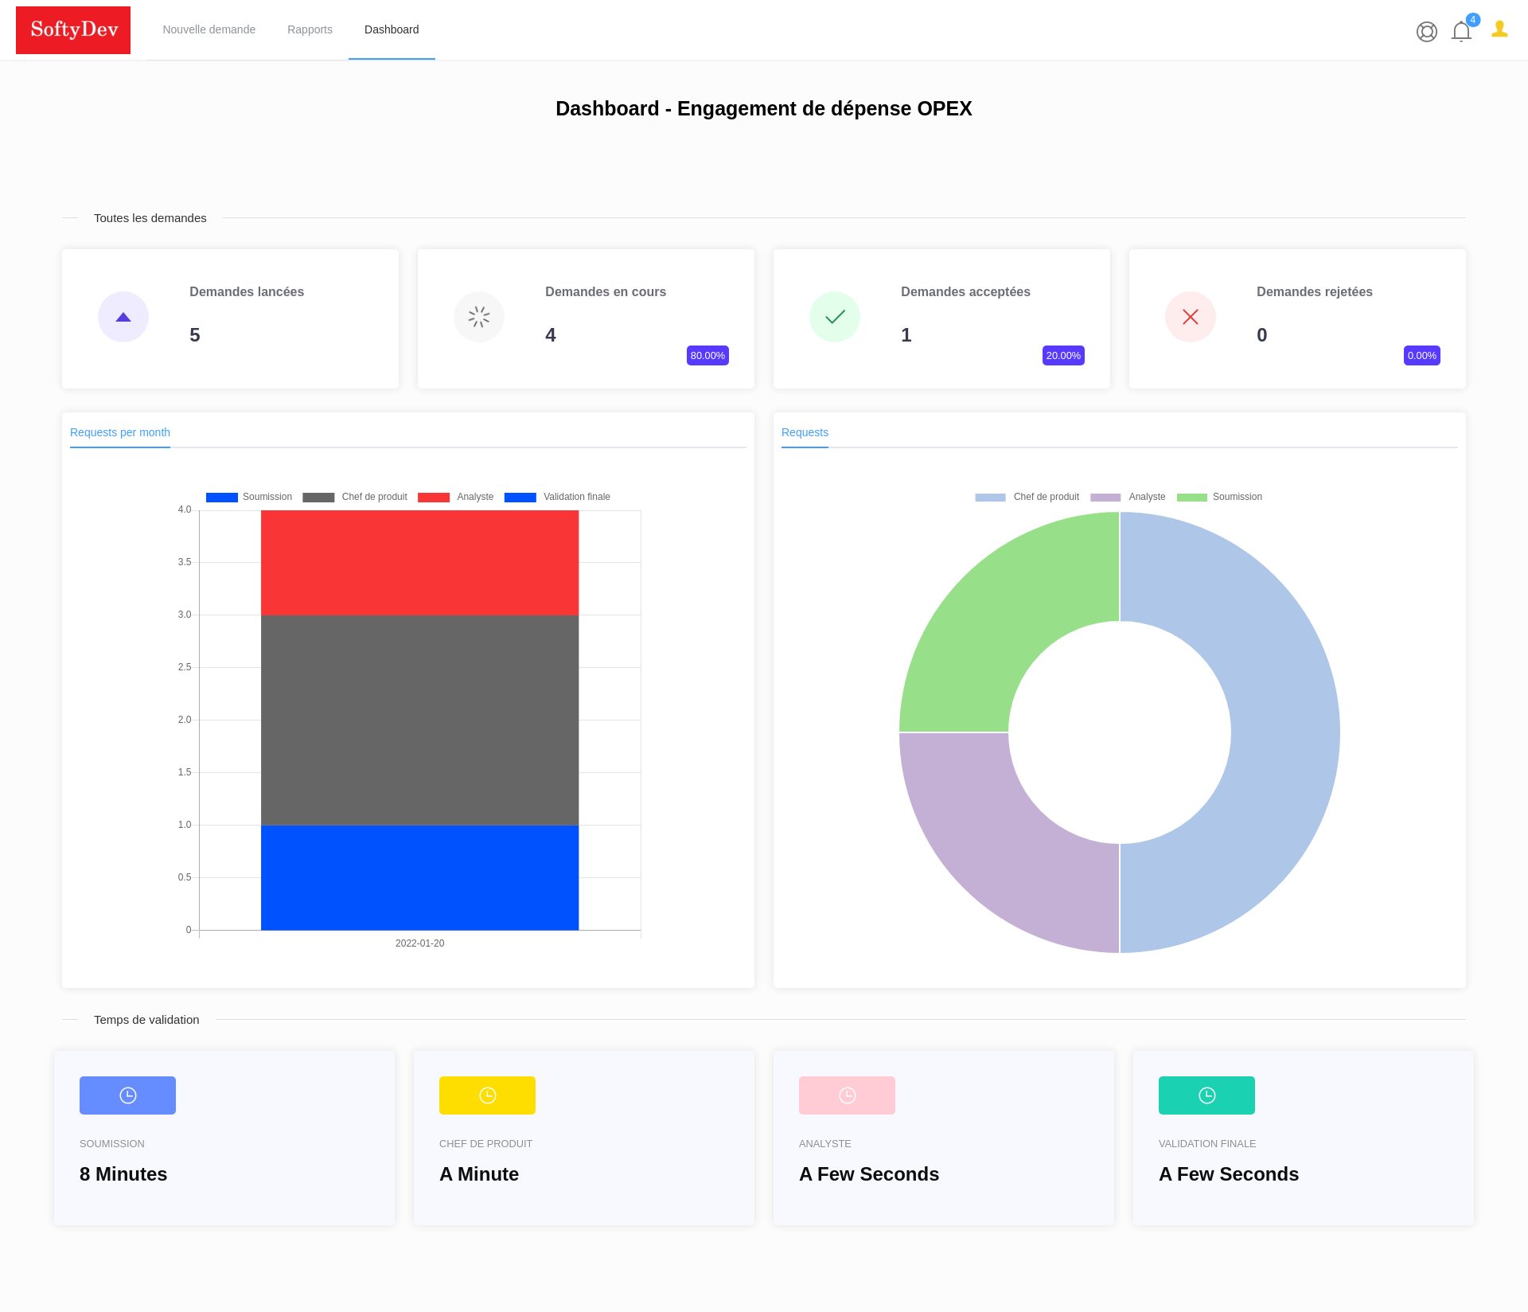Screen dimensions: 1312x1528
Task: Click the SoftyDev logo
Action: click(x=73, y=30)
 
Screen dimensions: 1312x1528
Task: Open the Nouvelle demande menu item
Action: click(x=209, y=29)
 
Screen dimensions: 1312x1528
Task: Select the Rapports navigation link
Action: click(x=310, y=29)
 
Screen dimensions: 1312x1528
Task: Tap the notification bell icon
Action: click(x=1461, y=31)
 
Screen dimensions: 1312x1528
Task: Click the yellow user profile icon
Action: click(x=1499, y=29)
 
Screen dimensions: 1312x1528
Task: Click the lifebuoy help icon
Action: click(x=1426, y=31)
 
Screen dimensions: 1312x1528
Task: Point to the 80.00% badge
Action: click(x=707, y=355)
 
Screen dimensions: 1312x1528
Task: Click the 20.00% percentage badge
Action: click(x=1063, y=355)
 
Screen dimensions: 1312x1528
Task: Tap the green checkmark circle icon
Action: click(x=834, y=317)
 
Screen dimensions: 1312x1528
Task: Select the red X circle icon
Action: click(x=1190, y=317)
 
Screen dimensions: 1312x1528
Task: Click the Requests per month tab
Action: click(x=120, y=432)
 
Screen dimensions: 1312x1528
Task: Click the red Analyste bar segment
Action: click(x=419, y=562)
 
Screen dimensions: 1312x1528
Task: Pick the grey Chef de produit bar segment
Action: click(x=419, y=720)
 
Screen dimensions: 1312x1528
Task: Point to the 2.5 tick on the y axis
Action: click(x=185, y=667)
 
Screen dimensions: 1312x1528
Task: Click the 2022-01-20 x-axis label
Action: click(x=419, y=943)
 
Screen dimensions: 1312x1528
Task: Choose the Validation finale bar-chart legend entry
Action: click(x=557, y=497)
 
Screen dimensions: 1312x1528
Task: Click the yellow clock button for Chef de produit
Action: click(x=487, y=1095)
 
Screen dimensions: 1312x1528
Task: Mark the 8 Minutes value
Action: click(x=123, y=1174)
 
